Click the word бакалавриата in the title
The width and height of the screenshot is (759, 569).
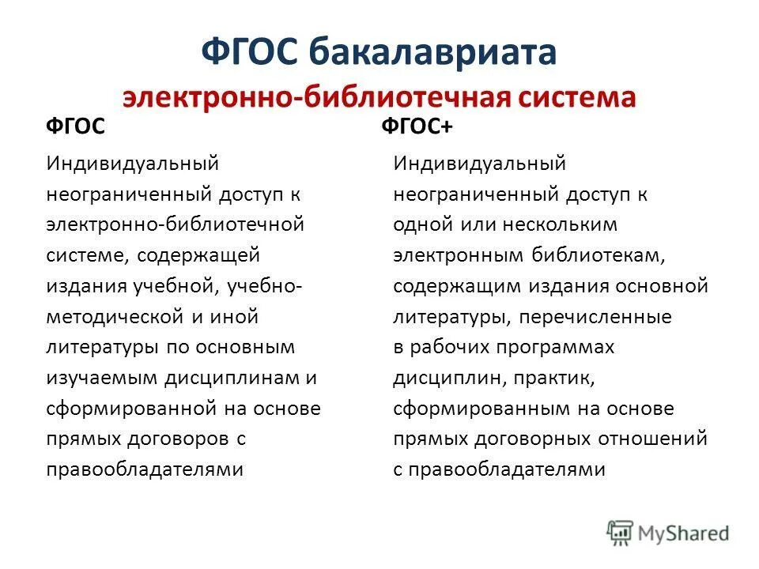tap(432, 53)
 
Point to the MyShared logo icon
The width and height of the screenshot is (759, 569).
tap(621, 533)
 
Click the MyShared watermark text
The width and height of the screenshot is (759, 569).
tap(684, 534)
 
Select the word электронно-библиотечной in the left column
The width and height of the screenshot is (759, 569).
tap(176, 224)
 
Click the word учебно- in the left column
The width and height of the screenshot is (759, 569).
tap(263, 286)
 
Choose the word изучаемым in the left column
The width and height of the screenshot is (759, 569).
tap(100, 378)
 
